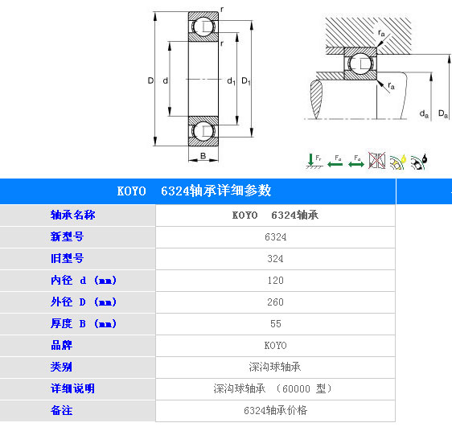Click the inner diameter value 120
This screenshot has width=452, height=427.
coord(275,281)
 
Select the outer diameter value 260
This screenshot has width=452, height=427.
coord(275,302)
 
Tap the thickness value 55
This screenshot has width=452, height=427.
coord(276,323)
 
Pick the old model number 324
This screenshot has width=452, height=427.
coord(275,258)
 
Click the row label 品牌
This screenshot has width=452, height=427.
coord(62,345)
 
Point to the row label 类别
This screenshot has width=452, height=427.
coord(61,367)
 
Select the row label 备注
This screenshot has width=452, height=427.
coord(61,410)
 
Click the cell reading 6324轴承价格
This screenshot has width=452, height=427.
coord(275,410)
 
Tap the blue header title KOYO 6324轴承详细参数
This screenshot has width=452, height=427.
coord(194,191)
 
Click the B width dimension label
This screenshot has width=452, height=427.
coord(203,156)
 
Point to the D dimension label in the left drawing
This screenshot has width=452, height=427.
coord(150,80)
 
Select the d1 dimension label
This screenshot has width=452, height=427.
coord(231,81)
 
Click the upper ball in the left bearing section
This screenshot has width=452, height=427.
coord(203,27)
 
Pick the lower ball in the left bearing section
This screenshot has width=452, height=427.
coord(203,130)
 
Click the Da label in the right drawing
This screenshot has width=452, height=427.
coord(443,114)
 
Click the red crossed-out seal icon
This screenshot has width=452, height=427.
coord(376,160)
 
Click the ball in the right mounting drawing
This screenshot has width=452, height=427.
coord(360,64)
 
